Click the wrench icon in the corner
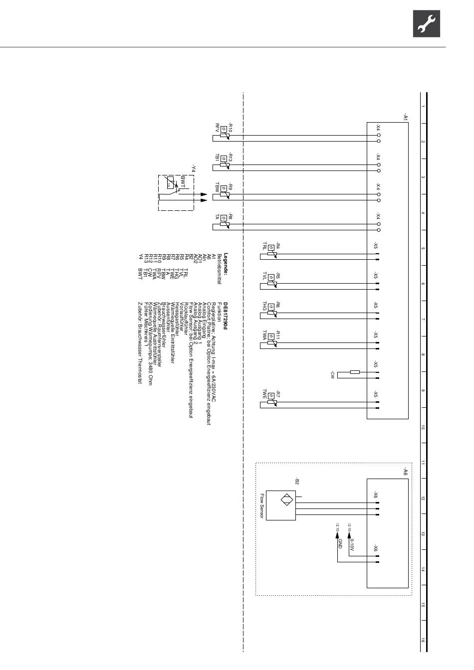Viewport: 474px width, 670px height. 426,23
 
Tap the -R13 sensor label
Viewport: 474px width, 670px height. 231,157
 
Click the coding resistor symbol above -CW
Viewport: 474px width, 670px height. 355,372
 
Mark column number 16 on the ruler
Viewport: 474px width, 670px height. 423,641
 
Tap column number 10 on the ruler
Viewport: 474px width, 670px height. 423,427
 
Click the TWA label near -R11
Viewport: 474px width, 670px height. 264,335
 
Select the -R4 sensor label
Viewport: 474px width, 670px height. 278,246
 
